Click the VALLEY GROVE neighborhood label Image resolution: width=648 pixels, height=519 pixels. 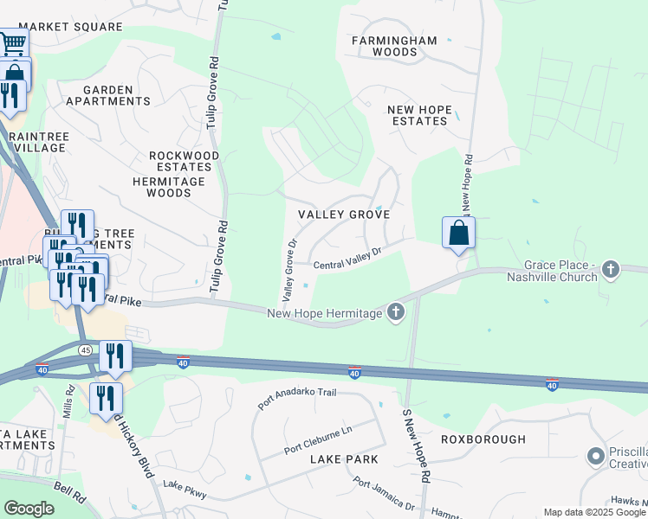coord(343,214)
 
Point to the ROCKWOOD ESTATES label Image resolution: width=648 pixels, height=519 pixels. coord(180,161)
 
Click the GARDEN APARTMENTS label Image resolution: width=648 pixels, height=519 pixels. coord(116,95)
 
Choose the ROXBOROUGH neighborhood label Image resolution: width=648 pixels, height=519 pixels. coord(483,439)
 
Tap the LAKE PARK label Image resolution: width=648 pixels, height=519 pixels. coord(345,460)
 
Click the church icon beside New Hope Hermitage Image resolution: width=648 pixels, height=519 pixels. coord(396,311)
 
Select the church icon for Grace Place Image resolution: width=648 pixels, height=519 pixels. coord(611,270)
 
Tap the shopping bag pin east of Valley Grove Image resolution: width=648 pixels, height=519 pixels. coord(458,232)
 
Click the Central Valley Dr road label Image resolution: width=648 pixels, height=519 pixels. coord(347,258)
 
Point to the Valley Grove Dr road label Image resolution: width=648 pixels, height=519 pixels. coord(288,265)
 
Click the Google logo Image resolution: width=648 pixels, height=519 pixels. coord(29,509)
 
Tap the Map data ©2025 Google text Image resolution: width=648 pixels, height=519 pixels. coord(594,512)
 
